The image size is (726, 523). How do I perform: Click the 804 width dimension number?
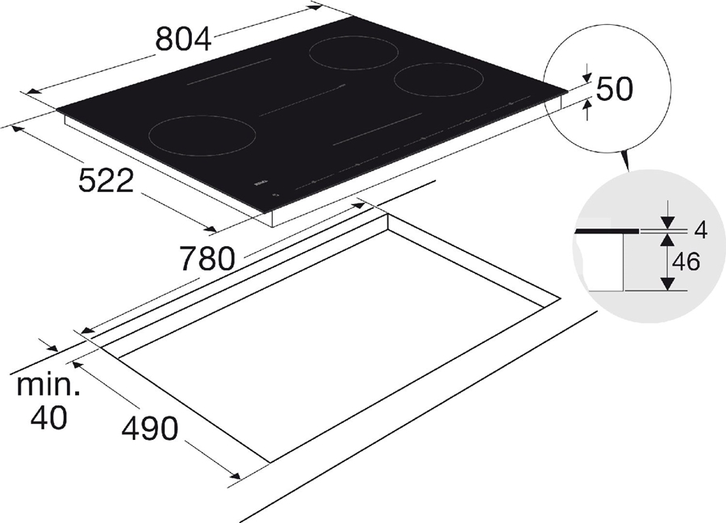tap(185, 39)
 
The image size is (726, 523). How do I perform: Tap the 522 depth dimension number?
tap(106, 182)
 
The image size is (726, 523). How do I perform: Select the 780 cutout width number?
tap(207, 258)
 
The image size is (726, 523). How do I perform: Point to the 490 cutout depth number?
tap(149, 429)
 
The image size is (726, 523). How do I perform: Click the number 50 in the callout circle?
tap(614, 89)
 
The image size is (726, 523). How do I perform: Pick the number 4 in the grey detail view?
tap(699, 230)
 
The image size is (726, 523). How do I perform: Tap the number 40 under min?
tap(49, 417)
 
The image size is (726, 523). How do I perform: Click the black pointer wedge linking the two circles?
tap(625, 161)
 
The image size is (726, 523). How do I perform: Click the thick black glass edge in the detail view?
tap(605, 231)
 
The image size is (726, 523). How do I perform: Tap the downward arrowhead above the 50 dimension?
tap(586, 75)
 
